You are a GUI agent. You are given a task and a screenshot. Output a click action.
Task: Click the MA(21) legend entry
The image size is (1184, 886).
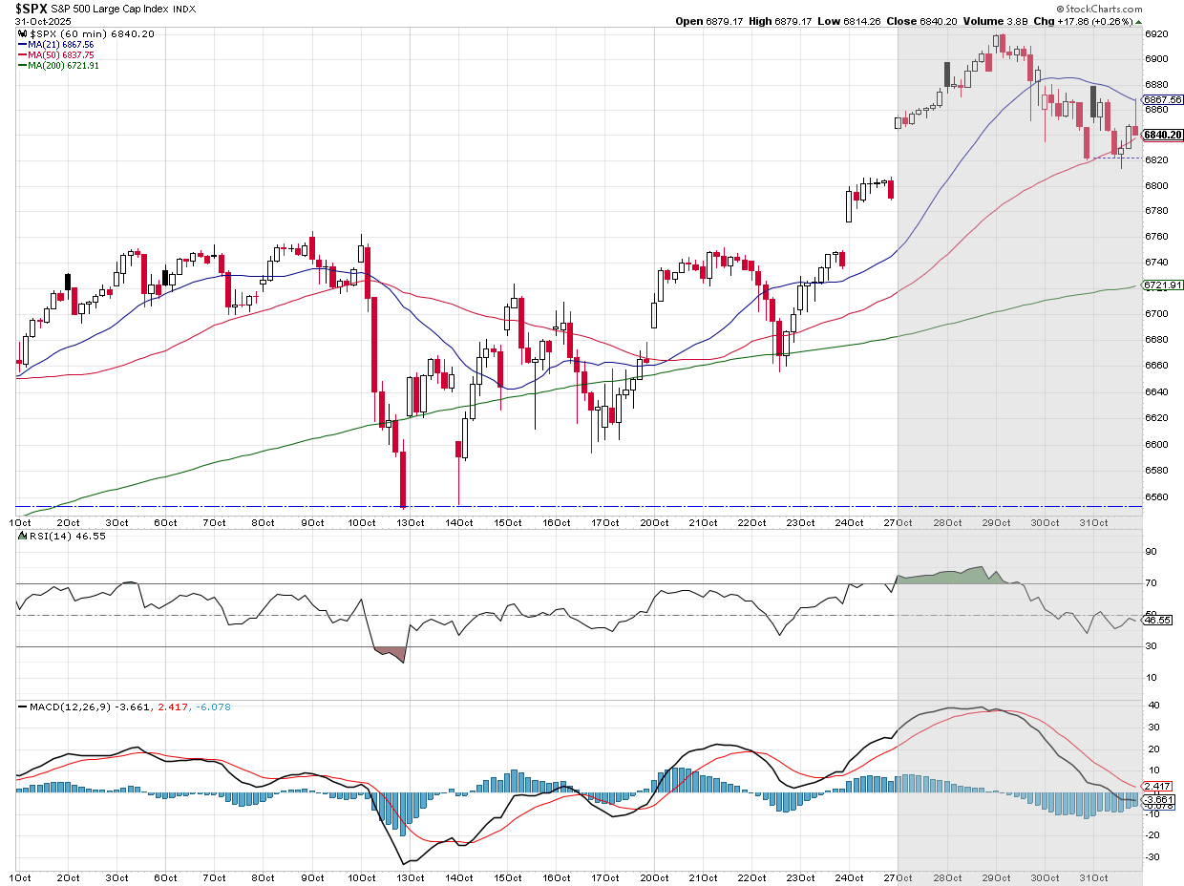[56, 44]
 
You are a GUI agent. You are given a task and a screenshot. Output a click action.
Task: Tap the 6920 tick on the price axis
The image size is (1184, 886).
[1156, 33]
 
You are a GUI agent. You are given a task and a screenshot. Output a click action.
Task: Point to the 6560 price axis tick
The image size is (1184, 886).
[1156, 496]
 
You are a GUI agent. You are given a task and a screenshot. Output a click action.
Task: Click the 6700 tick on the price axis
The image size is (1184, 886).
[1156, 314]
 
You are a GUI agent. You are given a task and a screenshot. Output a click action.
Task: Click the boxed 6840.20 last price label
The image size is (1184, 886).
[1164, 135]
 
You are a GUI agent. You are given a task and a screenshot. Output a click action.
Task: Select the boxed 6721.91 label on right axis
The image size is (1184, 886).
[1163, 285]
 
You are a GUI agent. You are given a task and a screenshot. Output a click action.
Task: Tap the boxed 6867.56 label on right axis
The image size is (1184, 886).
[1163, 99]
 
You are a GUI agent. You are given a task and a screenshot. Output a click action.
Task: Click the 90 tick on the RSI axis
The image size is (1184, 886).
[1152, 552]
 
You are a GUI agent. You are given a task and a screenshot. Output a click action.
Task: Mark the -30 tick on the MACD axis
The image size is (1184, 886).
[1152, 856]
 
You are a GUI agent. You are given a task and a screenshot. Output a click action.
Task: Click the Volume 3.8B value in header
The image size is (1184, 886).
[984, 21]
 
